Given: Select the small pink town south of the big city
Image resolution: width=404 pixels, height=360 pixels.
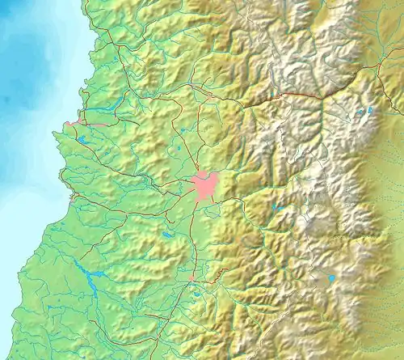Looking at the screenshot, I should coord(192,277).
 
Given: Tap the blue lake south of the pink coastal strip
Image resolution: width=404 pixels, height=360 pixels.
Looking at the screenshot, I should coord(83,140).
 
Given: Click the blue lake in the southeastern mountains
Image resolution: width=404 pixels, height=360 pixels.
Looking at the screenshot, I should coord(330,279).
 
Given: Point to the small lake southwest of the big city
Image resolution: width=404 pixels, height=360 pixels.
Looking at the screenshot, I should coord(166,235).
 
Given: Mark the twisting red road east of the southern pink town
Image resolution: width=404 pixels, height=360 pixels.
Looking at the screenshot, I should coord(212,279).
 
